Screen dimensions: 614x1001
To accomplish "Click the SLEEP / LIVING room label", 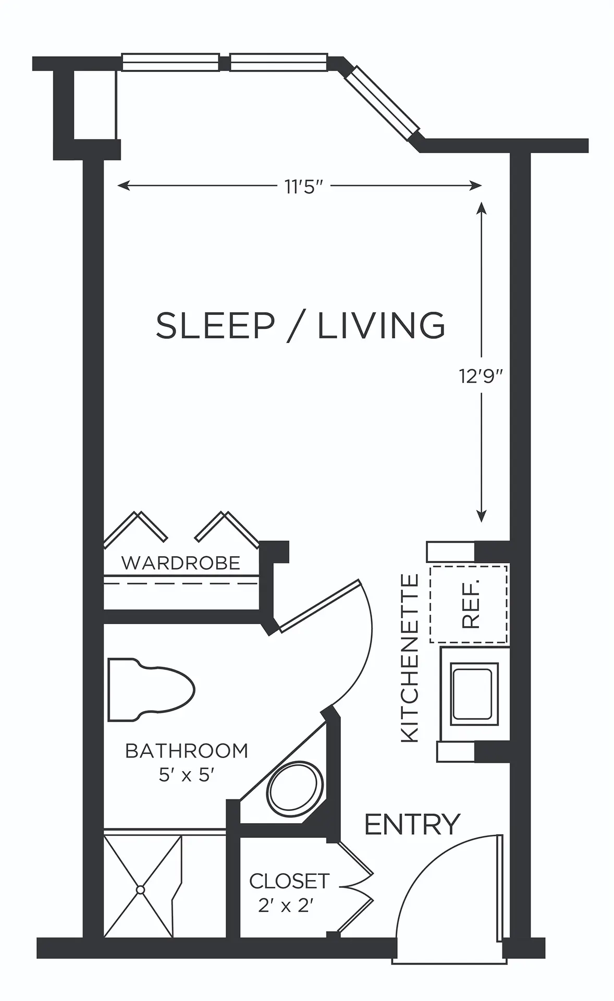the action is click(301, 325).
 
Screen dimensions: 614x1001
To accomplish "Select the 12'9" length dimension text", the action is click(481, 376).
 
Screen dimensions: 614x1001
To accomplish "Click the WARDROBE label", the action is click(181, 563).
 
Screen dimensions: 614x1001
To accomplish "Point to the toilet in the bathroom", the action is click(151, 690).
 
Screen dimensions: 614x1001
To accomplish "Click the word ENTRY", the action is click(412, 824).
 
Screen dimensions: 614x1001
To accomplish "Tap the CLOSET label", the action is click(289, 881).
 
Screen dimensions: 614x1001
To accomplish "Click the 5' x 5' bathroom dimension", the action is click(187, 775).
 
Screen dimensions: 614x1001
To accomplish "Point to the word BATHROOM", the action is click(187, 751).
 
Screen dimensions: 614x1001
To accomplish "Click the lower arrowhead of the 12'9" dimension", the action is click(482, 516).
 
